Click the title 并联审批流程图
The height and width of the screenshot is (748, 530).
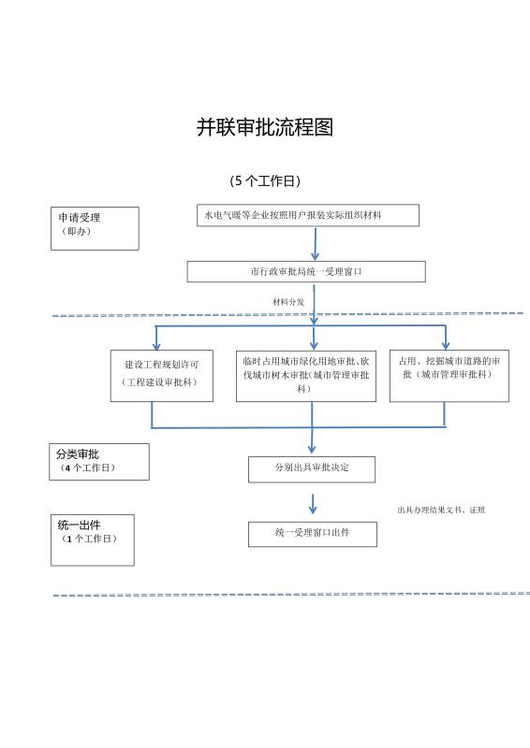tap(265, 127)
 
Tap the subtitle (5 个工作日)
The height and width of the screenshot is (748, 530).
tap(265, 181)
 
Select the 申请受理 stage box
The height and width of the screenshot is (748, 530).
tap(95, 228)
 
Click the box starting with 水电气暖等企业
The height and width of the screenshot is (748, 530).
tap(308, 215)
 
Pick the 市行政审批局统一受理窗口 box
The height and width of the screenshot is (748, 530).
tap(306, 271)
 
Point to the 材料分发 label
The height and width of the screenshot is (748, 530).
tap(288, 302)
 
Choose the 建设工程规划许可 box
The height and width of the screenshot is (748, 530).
tap(162, 376)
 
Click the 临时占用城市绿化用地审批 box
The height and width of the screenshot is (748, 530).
tap(306, 376)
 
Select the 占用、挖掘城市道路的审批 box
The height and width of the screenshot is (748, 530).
tap(449, 376)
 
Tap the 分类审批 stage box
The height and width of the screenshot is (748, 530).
tap(99, 462)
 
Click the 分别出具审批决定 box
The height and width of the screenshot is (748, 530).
tap(312, 469)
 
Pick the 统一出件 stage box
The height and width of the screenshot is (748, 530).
tap(93, 540)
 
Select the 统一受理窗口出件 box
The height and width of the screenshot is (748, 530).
tap(313, 534)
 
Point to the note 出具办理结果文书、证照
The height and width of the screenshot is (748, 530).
tap(441, 510)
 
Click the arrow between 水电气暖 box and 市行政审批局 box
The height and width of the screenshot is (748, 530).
tap(315, 244)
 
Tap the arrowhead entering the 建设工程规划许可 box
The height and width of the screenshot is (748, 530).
tap(155, 345)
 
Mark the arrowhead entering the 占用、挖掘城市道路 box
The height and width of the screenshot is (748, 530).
tap(446, 345)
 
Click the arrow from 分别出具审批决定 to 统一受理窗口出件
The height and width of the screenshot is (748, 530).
tap(313, 504)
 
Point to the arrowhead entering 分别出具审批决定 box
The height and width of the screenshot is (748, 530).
tap(312, 449)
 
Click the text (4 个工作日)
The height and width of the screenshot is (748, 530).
tap(87, 468)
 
